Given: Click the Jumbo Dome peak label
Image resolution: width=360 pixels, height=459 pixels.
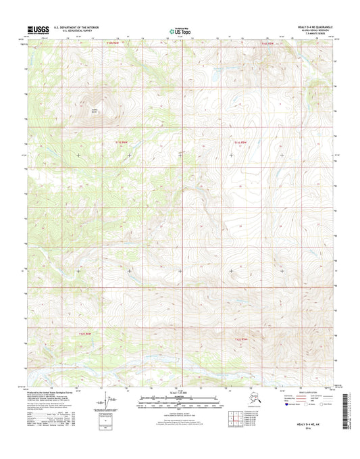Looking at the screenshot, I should (x=94, y=112).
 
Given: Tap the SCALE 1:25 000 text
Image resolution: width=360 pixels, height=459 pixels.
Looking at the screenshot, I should (x=180, y=393).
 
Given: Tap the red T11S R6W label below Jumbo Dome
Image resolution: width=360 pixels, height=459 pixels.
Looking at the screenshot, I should (x=122, y=141).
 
